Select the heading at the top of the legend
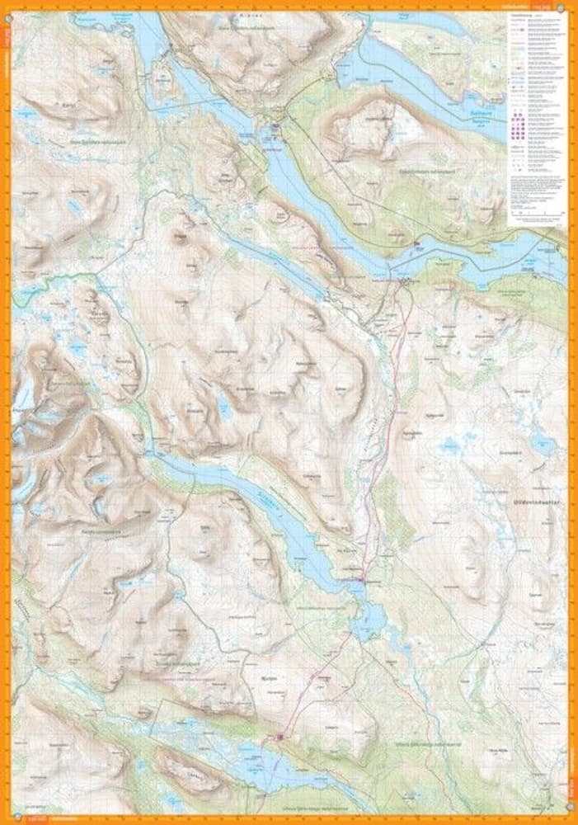[x=524, y=16]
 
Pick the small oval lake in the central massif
[x=223, y=403]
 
